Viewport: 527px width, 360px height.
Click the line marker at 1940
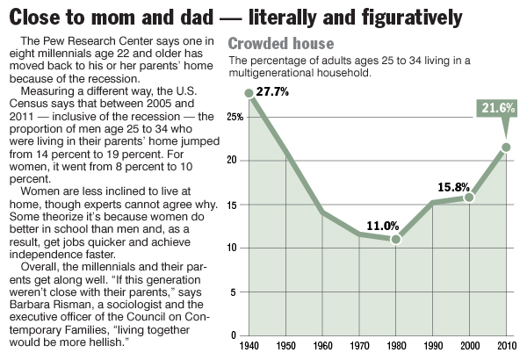coord(249,92)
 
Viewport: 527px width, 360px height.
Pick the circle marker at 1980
coord(396,239)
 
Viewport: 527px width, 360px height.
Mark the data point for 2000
coord(469,198)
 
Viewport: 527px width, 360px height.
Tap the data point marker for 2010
coord(506,147)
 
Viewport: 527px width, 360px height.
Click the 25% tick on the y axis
coord(234,116)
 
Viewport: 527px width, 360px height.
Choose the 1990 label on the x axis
coord(432,346)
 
